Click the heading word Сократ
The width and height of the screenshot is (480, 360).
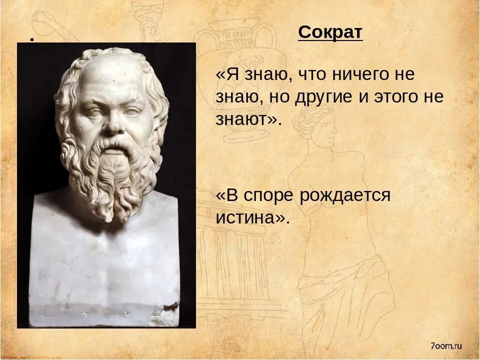(x=330, y=32)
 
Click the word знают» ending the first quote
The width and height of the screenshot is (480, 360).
(x=246, y=119)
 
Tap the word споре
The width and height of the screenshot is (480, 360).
(x=269, y=195)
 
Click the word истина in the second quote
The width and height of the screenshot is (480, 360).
(x=249, y=217)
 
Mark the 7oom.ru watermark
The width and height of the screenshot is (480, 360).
(x=446, y=345)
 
